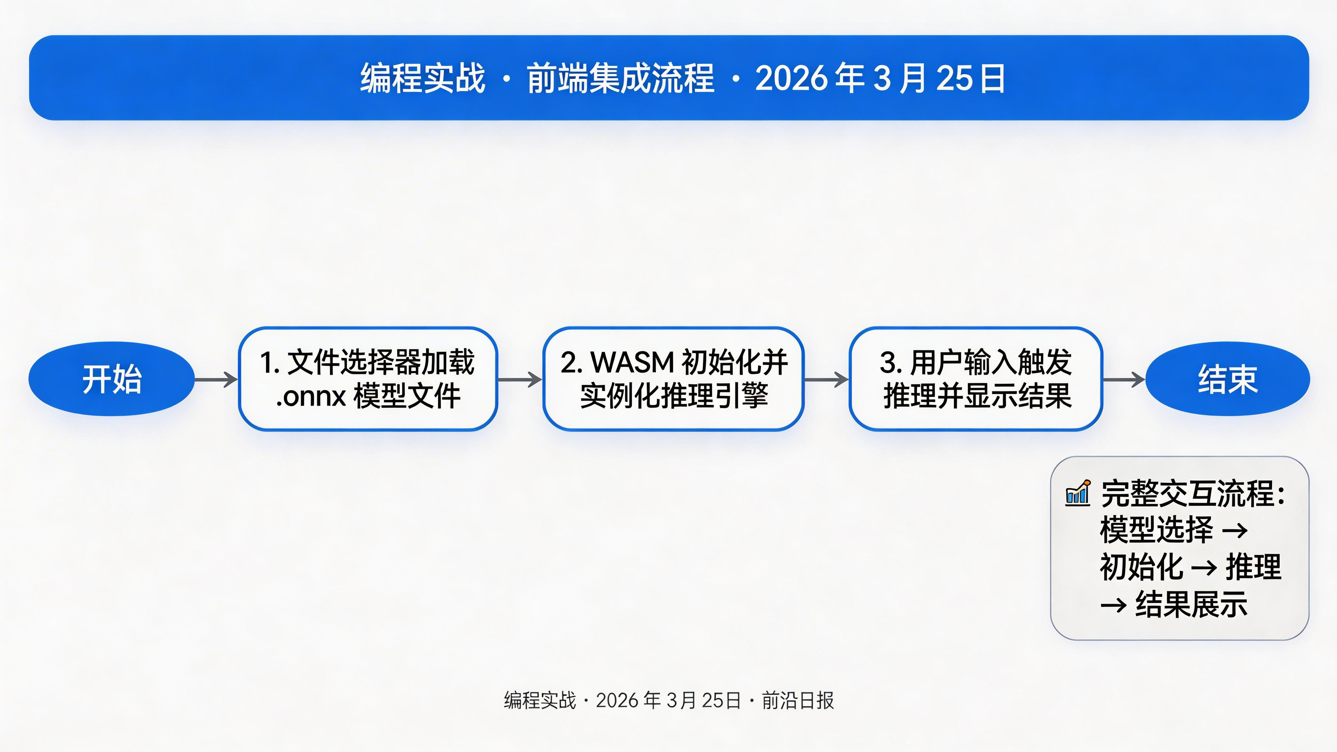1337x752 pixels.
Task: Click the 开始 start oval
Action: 112,379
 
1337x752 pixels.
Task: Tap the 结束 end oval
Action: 1227,379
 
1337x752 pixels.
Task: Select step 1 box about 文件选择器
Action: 368,379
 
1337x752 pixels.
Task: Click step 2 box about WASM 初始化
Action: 673,379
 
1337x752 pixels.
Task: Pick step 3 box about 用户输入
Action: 976,379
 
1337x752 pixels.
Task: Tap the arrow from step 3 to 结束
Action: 1124,379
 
